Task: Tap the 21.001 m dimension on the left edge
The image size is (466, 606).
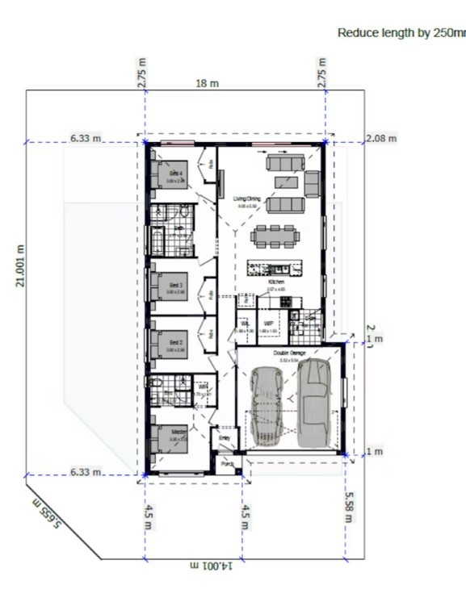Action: pos(22,265)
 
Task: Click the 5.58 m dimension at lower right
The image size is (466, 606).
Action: pos(349,506)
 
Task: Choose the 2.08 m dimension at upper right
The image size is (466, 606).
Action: pos(381,139)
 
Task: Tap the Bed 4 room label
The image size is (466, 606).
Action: pos(176,173)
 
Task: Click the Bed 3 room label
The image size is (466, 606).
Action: pos(176,286)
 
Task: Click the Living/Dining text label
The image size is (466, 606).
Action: pos(246,199)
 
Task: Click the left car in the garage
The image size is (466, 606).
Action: pos(266,406)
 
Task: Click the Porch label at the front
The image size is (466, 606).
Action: pos(227,464)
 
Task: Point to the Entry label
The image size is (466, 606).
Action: pos(224,440)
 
